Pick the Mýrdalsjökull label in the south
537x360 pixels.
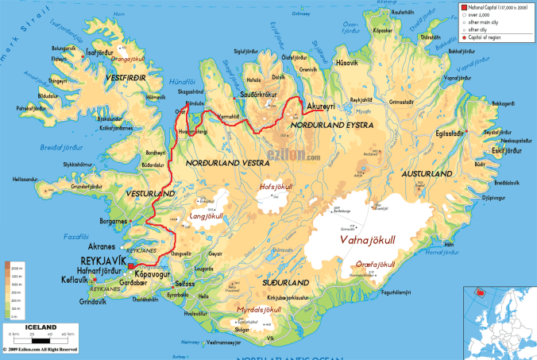point(260,309)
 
